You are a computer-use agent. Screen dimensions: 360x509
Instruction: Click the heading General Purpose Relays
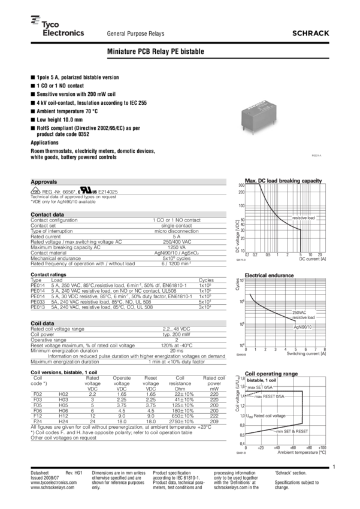[x=135, y=34]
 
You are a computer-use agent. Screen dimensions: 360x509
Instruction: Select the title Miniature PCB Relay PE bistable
[x=155, y=52]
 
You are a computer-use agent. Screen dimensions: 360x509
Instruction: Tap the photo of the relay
[x=257, y=114]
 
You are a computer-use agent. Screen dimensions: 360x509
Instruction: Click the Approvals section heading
[x=44, y=181]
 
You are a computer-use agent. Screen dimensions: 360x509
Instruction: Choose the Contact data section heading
[x=47, y=214]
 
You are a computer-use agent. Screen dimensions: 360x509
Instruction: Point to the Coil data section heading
[x=43, y=323]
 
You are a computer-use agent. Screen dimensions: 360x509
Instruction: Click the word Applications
[x=45, y=144]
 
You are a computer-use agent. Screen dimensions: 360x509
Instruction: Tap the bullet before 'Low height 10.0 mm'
[x=32, y=120]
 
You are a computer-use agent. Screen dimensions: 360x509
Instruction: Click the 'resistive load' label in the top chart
[x=304, y=217]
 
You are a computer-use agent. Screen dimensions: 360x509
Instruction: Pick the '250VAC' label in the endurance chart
[x=300, y=312]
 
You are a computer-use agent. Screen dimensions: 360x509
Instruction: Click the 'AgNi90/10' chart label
[x=302, y=328]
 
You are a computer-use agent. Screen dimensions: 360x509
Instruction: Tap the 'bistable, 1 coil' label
[x=261, y=380]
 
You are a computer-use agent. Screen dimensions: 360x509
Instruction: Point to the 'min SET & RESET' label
[x=292, y=431]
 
